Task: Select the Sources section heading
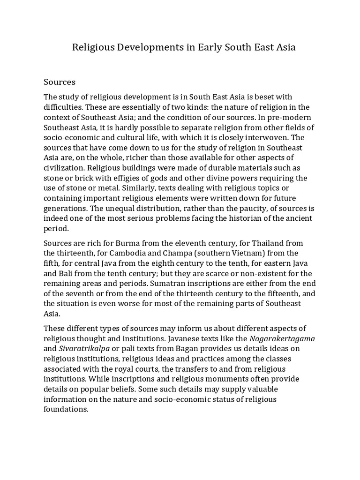[x=60, y=82]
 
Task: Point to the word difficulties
[x=63, y=106]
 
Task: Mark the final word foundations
[x=65, y=410]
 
